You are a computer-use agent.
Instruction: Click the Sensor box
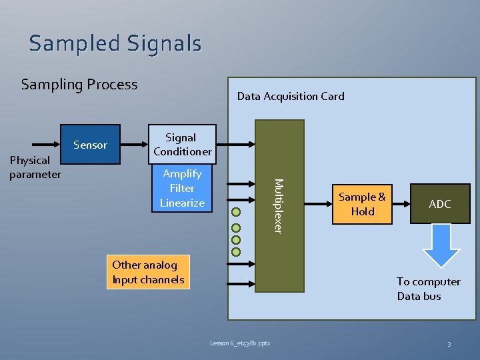tap(91, 145)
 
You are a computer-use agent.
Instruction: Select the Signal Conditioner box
tap(182, 144)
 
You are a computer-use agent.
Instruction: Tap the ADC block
tap(439, 204)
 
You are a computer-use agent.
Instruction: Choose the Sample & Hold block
tap(362, 205)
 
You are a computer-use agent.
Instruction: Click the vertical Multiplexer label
tap(279, 205)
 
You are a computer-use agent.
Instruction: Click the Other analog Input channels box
tap(148, 272)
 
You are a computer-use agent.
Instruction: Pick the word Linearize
tap(182, 203)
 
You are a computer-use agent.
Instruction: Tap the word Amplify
tap(182, 174)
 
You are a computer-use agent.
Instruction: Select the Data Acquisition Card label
tap(291, 96)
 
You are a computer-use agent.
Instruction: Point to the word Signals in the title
tap(162, 43)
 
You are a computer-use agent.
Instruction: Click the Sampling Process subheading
tap(79, 85)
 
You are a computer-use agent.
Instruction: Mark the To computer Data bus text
tap(428, 289)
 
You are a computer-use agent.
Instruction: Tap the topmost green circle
tap(235, 213)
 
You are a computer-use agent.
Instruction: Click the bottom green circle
tap(235, 253)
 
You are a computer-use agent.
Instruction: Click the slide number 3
tap(449, 343)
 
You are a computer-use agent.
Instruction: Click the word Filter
tap(182, 189)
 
